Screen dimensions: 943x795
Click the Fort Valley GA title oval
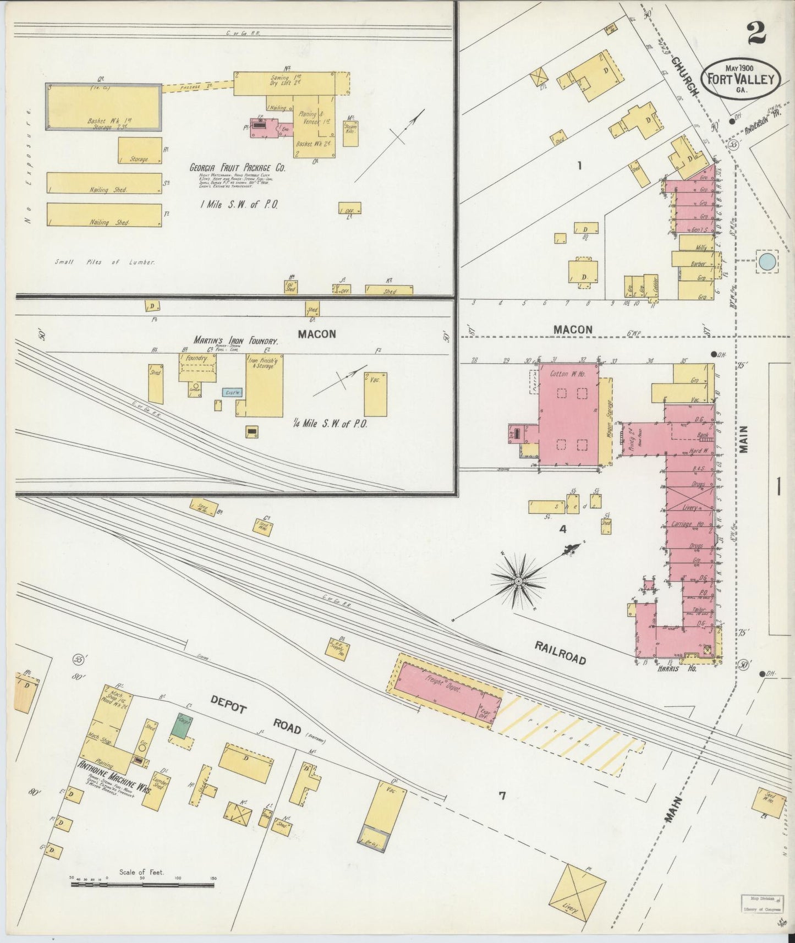pyautogui.click(x=740, y=80)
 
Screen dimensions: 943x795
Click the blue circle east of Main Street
pyautogui.click(x=767, y=261)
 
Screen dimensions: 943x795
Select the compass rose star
pyautogui.click(x=518, y=580)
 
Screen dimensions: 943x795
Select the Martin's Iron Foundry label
pyautogui.click(x=235, y=341)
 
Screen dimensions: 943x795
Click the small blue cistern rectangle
pyautogui.click(x=229, y=392)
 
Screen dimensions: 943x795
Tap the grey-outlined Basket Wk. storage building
pyautogui.click(x=103, y=107)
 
